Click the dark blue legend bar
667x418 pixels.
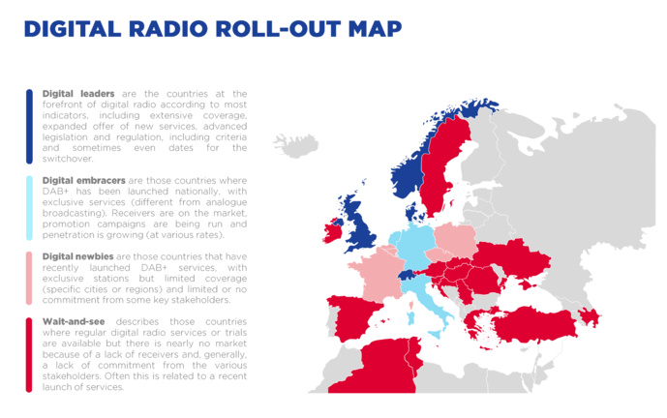tap(30, 126)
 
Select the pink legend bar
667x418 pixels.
tap(30, 278)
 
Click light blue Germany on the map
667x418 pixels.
tap(414, 249)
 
